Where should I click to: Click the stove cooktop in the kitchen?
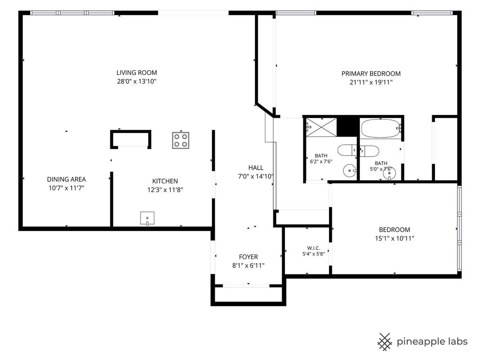pos(180,141)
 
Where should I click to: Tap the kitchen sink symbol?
pos(147,218)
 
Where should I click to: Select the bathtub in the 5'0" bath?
pos(381,129)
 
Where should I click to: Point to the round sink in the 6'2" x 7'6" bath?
pos(350,171)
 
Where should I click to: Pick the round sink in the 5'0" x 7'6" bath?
pos(389,173)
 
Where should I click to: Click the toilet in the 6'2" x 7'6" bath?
pos(347,150)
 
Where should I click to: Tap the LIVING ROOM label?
pos(136,73)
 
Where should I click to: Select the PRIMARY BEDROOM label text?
pos(371,74)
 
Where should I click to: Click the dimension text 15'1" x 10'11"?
pos(395,238)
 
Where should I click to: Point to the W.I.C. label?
pos(314,248)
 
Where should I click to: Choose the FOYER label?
pos(248,257)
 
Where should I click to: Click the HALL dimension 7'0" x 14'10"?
pos(255,176)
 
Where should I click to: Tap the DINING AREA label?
pos(67,180)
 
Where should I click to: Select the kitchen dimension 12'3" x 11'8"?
pos(165,190)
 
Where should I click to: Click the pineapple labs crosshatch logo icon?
pos(384,342)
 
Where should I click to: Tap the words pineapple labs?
pos(432,342)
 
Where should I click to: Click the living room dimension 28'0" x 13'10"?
pos(137,82)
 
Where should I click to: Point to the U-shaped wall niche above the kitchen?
pos(131,132)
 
